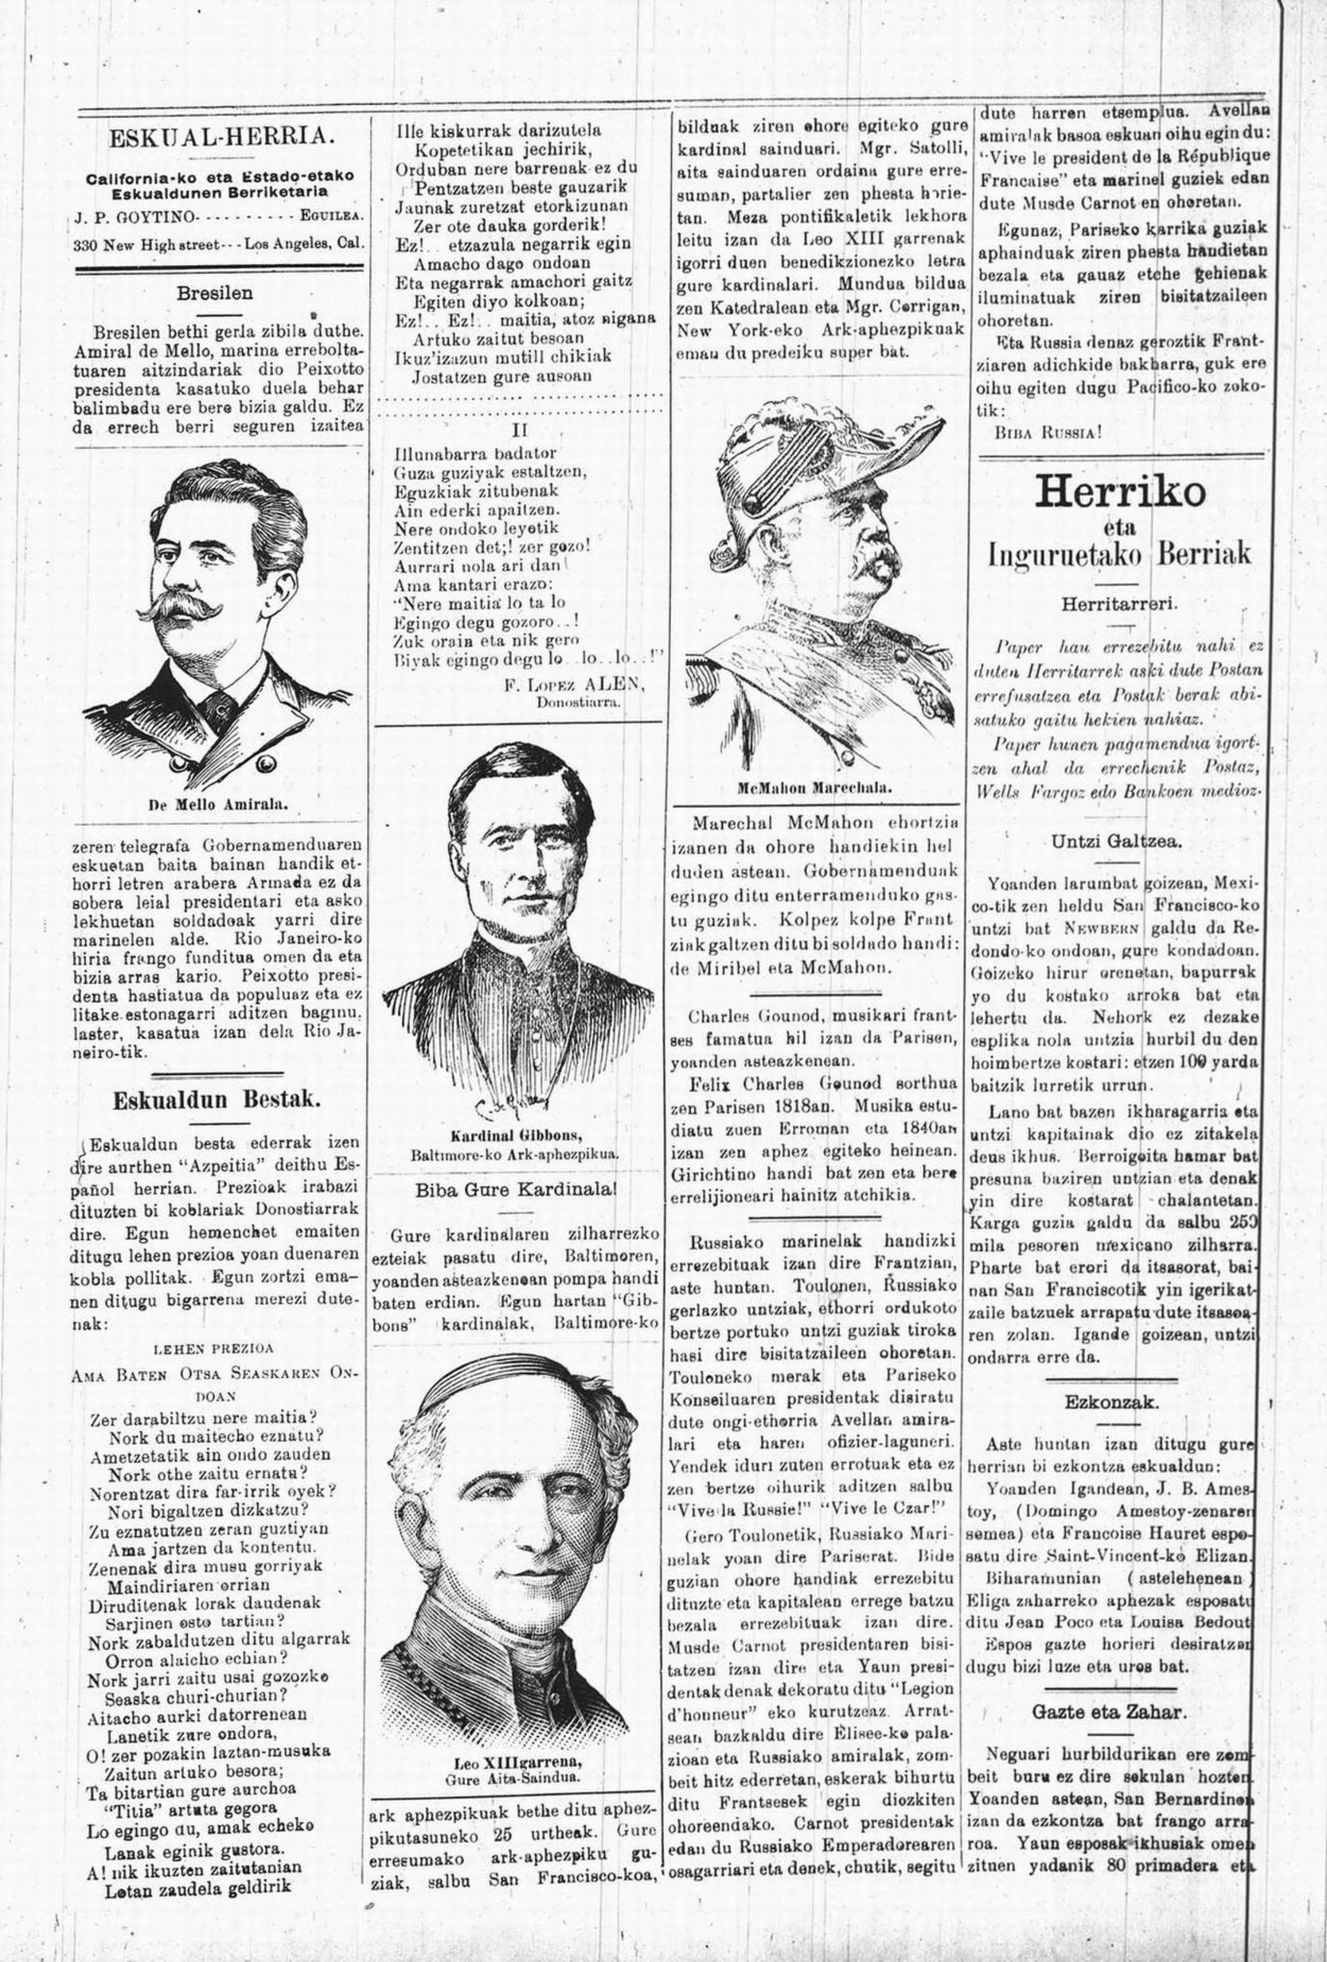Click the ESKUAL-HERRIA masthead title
coord(219,137)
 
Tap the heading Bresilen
coord(214,294)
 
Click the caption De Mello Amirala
coord(219,805)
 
